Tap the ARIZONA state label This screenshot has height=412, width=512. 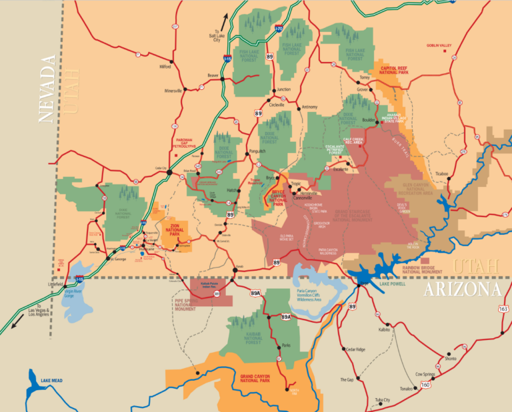[462, 289]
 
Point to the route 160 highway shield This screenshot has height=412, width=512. [426, 385]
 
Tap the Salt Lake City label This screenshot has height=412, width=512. [216, 37]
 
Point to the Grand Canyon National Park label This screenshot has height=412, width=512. [264, 379]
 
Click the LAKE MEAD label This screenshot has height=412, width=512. [51, 381]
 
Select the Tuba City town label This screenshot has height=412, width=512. [382, 400]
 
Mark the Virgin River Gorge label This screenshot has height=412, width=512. [79, 295]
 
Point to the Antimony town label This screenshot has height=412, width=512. [310, 106]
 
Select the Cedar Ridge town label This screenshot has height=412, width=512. [355, 349]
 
